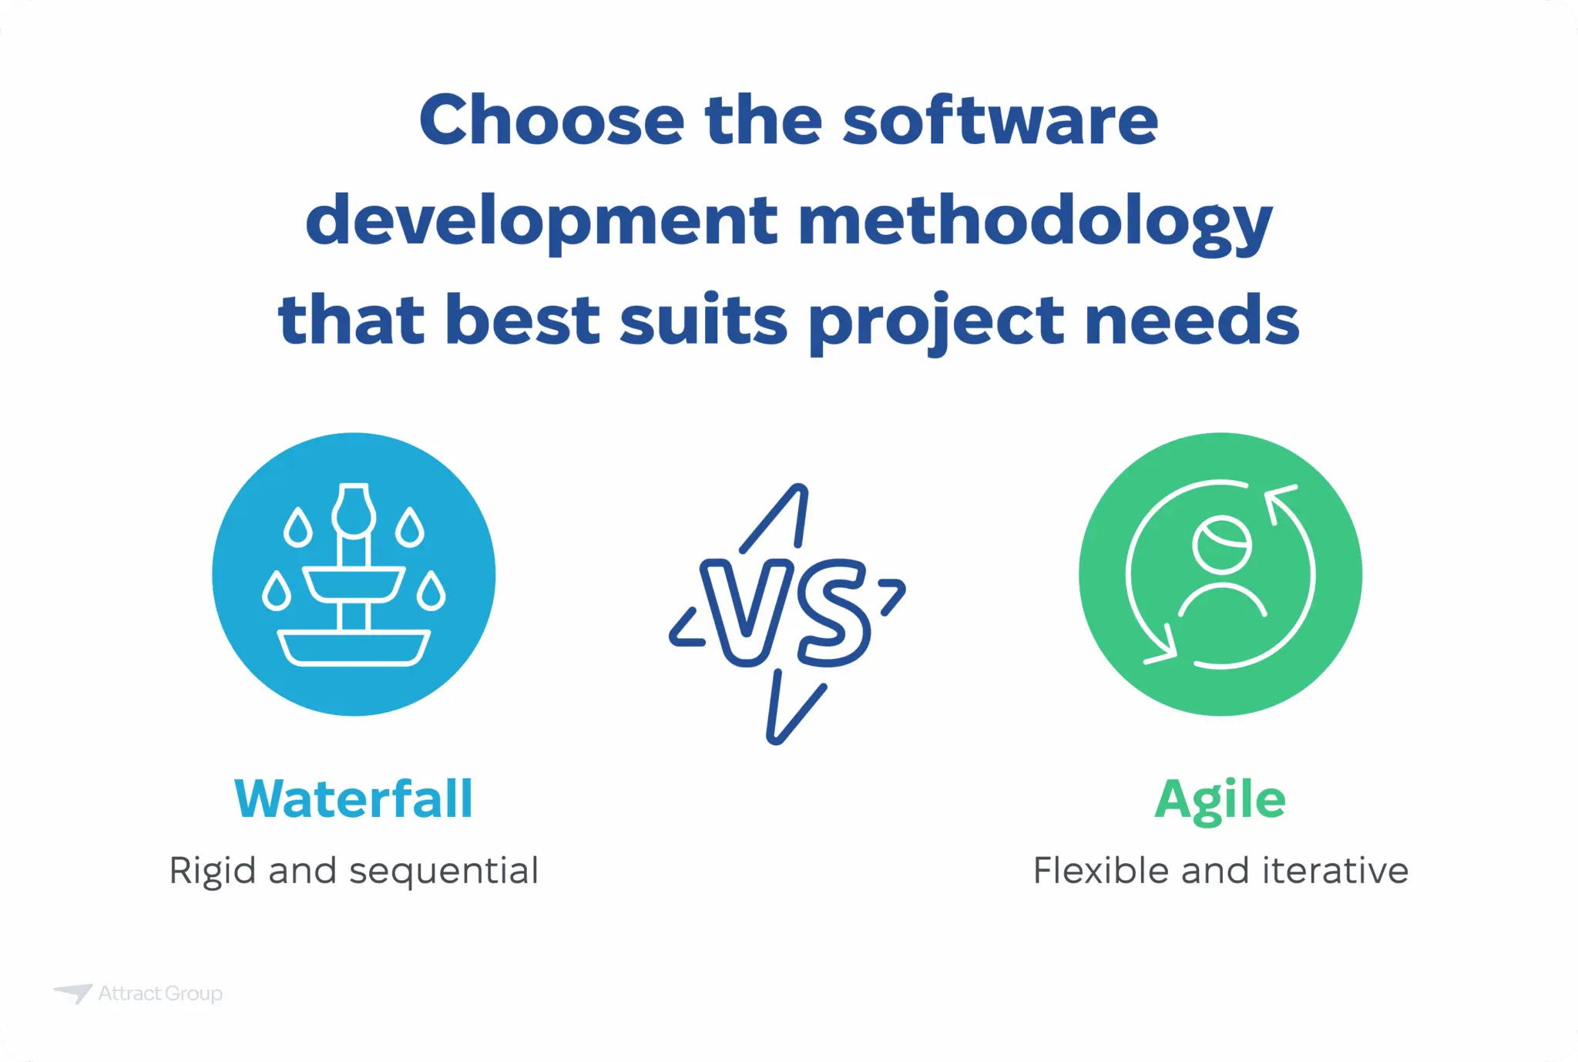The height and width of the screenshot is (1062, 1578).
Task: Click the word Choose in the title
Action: (x=552, y=120)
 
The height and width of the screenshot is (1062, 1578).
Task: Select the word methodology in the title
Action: (x=1035, y=222)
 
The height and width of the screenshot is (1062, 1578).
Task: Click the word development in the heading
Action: (x=542, y=222)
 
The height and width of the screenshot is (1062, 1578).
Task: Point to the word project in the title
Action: (x=937, y=322)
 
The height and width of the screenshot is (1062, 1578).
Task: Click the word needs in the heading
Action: (x=1192, y=321)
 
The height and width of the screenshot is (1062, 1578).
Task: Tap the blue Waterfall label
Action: (x=354, y=798)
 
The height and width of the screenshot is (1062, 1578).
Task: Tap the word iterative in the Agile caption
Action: (x=1335, y=871)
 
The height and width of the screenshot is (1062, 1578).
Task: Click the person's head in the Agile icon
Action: (x=1221, y=545)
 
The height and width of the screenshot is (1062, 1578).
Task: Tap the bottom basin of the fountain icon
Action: (x=354, y=647)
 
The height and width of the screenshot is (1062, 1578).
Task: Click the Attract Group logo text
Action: (x=160, y=993)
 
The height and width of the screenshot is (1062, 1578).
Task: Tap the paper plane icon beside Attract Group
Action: (x=74, y=993)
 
